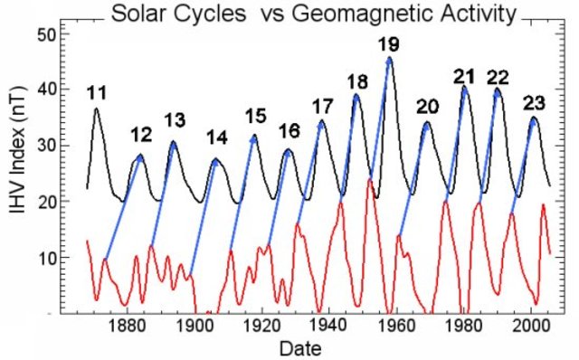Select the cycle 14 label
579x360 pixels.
[216, 138]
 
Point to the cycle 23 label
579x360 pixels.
[535, 101]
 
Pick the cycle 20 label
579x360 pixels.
[427, 107]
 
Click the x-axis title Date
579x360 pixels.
[299, 347]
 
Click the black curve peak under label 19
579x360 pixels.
[390, 59]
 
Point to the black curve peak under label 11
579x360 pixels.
[97, 109]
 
